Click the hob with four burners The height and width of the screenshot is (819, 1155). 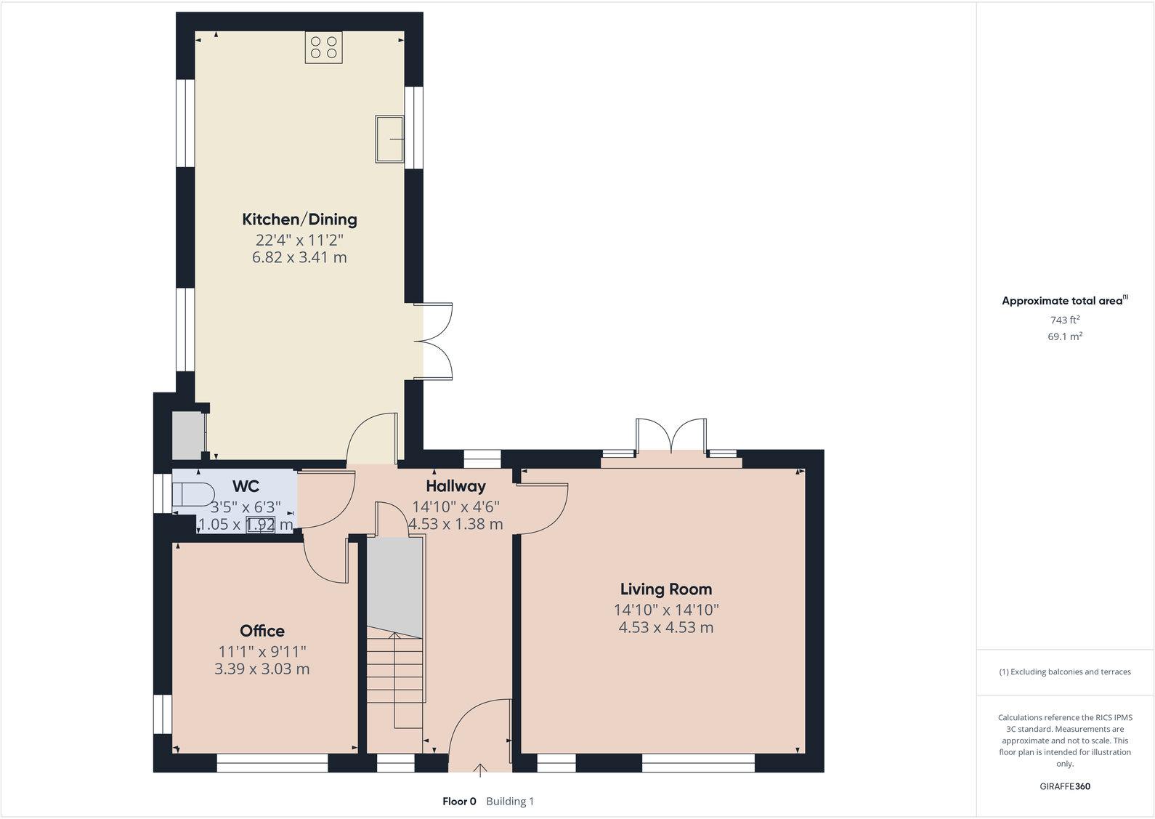[x=323, y=48]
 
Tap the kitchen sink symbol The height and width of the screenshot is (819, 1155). [x=389, y=139]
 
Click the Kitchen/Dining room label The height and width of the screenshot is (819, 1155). [x=299, y=219]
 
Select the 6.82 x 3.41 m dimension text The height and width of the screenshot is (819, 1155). [x=299, y=257]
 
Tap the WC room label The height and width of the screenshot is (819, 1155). [x=246, y=486]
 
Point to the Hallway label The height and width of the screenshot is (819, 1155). [x=455, y=486]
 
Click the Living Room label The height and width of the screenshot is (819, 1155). [x=665, y=589]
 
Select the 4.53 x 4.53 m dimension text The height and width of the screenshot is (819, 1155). [x=665, y=627]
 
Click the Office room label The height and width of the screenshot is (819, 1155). [x=262, y=631]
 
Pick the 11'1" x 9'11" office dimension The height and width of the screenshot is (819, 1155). [x=262, y=652]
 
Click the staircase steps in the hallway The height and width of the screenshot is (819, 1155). [x=394, y=669]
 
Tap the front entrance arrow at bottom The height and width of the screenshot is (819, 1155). [x=480, y=770]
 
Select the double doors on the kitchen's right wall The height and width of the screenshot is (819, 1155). [x=434, y=342]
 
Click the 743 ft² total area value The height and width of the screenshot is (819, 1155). [x=1064, y=320]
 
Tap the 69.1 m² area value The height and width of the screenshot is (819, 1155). [x=1064, y=336]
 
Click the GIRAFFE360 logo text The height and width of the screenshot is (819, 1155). [x=1064, y=786]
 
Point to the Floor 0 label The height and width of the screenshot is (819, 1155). [x=459, y=802]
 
